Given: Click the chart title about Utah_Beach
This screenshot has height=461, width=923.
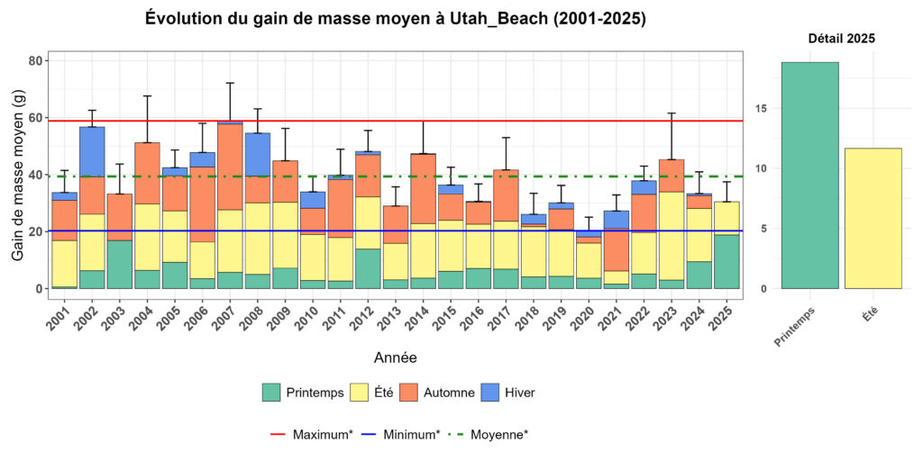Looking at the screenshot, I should (x=395, y=19).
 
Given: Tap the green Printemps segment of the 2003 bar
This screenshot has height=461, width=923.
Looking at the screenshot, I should (x=120, y=264).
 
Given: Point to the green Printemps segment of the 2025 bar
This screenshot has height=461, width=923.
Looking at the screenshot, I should (x=727, y=261).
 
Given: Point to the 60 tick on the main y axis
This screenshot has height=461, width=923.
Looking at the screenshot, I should (x=36, y=118).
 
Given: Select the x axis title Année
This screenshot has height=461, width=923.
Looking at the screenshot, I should (x=395, y=357).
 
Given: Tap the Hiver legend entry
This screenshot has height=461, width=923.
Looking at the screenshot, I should (x=510, y=392).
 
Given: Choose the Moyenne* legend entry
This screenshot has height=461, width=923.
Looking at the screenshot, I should (x=488, y=434).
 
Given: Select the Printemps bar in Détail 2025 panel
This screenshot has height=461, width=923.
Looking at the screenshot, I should (x=809, y=175).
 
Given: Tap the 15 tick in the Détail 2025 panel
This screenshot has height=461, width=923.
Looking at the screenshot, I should (x=762, y=108).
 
